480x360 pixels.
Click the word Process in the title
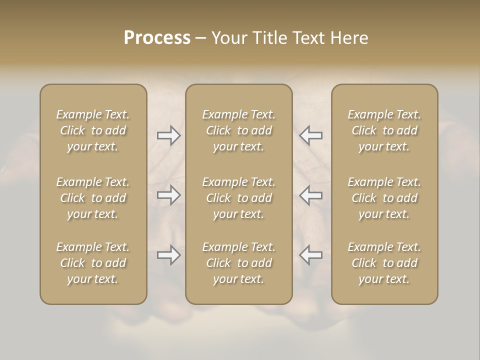pyautogui.click(x=157, y=38)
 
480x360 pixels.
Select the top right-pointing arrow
pyautogui.click(x=169, y=135)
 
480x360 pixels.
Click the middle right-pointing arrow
pyautogui.click(x=169, y=195)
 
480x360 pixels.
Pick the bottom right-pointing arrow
pyautogui.click(x=169, y=255)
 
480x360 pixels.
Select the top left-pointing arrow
pyautogui.click(x=310, y=135)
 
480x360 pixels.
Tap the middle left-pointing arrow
pyautogui.click(x=310, y=195)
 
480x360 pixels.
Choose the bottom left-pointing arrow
pyautogui.click(x=310, y=255)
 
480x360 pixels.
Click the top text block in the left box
pyautogui.click(x=93, y=130)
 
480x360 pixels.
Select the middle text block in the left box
pyautogui.click(x=93, y=198)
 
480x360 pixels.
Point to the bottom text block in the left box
pyautogui.click(x=93, y=263)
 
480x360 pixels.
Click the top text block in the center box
pyautogui.click(x=239, y=130)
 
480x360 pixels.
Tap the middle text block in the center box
pyautogui.click(x=239, y=198)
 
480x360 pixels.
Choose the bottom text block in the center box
pyautogui.click(x=239, y=263)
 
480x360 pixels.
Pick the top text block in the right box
pyautogui.click(x=384, y=130)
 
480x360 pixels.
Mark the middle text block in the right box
pyautogui.click(x=384, y=198)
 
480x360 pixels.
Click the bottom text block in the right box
pyautogui.click(x=384, y=263)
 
